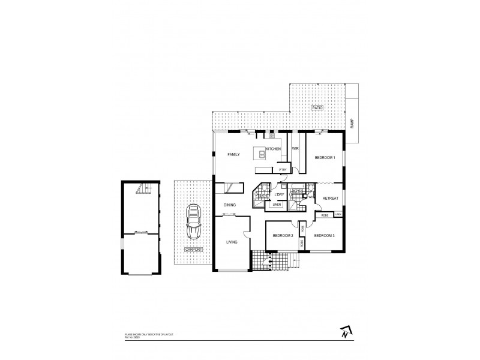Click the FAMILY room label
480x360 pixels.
(x=233, y=155)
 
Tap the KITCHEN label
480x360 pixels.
(x=274, y=148)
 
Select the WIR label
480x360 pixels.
(x=295, y=148)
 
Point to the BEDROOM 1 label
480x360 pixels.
(x=324, y=158)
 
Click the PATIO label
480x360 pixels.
(x=316, y=108)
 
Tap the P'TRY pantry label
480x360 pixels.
(x=283, y=170)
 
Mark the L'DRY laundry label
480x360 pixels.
(x=278, y=194)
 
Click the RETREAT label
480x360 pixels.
(x=331, y=198)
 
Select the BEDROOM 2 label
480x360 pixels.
(x=282, y=235)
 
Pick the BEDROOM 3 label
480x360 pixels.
(x=324, y=235)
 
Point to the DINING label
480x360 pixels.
(x=230, y=205)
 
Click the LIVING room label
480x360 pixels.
(x=232, y=242)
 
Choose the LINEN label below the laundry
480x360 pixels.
(x=277, y=205)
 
